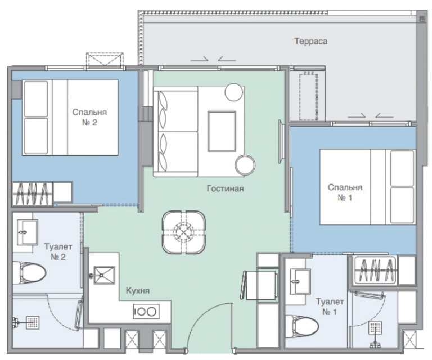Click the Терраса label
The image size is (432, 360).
(310, 41)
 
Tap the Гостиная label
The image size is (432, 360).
(226, 188)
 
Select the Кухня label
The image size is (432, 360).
(138, 291)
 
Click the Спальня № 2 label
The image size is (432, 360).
(89, 117)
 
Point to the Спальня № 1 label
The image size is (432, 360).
(345, 192)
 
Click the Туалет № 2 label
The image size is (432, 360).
(58, 251)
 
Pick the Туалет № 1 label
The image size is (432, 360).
(330, 307)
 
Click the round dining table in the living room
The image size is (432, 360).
(183, 232)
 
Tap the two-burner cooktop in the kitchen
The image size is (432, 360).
(146, 312)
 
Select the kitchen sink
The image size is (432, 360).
(104, 275)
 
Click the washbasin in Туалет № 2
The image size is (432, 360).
(27, 232)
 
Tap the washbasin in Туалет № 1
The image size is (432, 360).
(300, 281)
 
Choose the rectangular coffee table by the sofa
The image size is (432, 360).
(222, 132)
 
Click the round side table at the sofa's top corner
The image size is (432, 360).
(234, 92)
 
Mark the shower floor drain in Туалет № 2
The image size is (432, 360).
(33, 322)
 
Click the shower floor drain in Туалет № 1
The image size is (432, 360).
(375, 328)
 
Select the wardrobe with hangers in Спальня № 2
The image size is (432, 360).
(32, 194)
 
